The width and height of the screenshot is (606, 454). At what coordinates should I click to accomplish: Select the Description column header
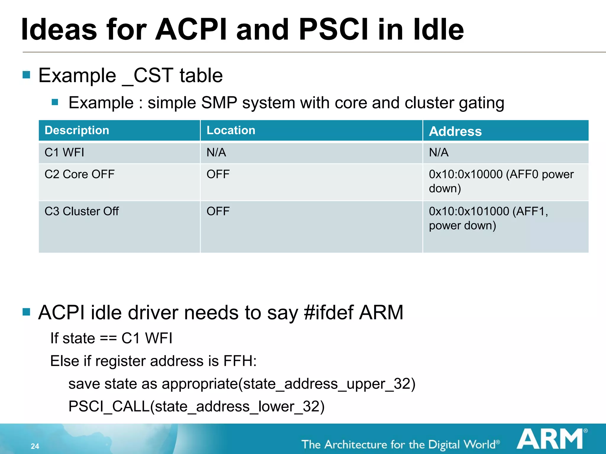click(77, 130)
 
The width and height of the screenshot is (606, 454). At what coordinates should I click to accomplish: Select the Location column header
click(231, 130)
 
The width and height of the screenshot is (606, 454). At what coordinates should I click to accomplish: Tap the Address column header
click(455, 131)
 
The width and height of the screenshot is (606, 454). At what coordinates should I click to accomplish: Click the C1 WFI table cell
click(64, 153)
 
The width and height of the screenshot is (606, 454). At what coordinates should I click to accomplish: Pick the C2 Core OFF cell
click(79, 174)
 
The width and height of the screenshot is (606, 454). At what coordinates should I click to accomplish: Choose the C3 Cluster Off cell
click(81, 211)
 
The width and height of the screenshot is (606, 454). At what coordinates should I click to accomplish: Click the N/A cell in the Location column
click(216, 153)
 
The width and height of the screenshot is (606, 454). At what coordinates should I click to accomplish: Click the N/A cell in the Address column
click(439, 153)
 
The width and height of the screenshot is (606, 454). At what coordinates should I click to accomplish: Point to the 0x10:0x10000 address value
click(466, 174)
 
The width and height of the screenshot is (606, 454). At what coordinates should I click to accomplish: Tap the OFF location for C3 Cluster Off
click(218, 211)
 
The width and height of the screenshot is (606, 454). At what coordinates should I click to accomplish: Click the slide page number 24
click(35, 446)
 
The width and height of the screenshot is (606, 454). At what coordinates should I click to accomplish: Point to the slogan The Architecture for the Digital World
click(399, 445)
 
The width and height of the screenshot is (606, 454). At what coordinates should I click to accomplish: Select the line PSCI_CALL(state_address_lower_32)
click(196, 406)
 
